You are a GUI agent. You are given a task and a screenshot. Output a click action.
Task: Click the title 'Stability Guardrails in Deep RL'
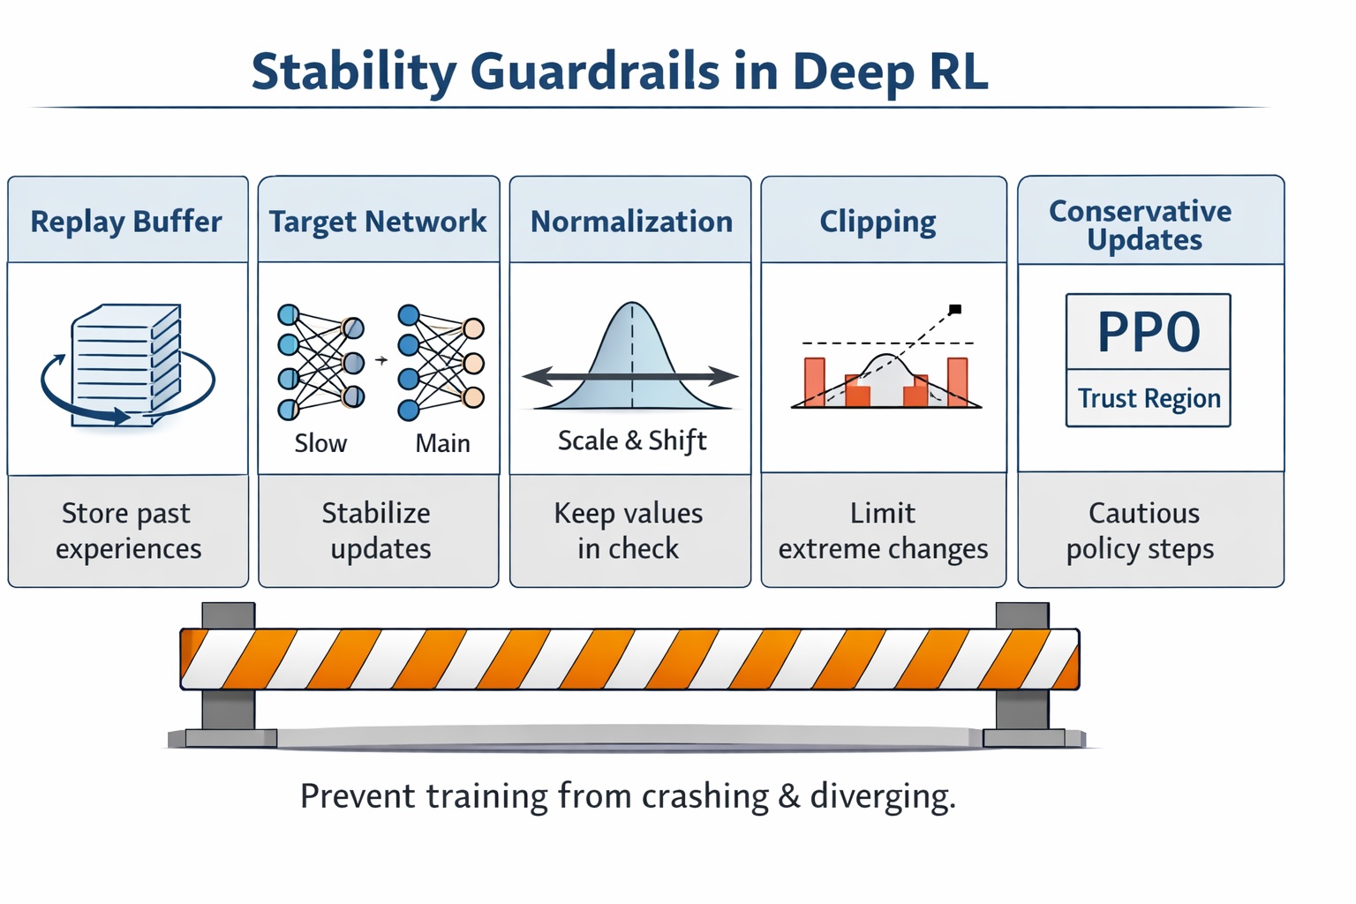(x=620, y=72)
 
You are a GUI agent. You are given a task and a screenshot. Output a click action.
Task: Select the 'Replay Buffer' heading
(x=126, y=222)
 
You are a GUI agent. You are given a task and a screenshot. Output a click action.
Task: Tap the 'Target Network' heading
(x=378, y=222)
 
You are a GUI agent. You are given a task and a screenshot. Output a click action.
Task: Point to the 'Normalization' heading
(x=631, y=222)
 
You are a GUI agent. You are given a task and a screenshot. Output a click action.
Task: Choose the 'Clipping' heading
(x=878, y=222)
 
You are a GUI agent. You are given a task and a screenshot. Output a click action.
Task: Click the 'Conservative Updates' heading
(x=1142, y=225)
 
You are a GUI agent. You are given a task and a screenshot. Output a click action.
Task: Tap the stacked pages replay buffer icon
(x=126, y=365)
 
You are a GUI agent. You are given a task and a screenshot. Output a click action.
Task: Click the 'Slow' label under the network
(x=320, y=443)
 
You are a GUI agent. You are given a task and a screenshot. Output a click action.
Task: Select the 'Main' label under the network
(x=442, y=443)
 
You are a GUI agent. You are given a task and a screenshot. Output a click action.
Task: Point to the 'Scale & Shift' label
(x=632, y=440)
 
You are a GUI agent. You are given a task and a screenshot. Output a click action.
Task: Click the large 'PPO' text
(x=1149, y=333)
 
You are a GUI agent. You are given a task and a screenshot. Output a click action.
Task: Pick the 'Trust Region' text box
(x=1149, y=399)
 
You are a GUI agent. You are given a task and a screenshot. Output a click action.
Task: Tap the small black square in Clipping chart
(x=955, y=309)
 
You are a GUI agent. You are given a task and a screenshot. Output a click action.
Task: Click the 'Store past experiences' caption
(x=128, y=531)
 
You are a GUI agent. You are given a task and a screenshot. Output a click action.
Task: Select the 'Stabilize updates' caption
(x=379, y=531)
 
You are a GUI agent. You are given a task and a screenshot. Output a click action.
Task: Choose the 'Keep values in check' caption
(x=629, y=531)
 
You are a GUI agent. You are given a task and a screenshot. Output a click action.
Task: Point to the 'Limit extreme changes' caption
(x=883, y=531)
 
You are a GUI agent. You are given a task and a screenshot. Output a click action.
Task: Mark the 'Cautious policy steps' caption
(x=1142, y=531)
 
